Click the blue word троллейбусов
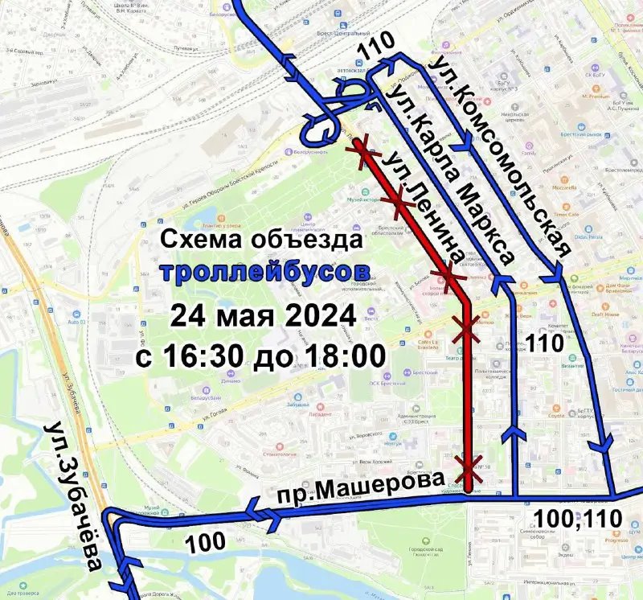click(266, 271)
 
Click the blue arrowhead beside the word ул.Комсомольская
click(465, 148)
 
